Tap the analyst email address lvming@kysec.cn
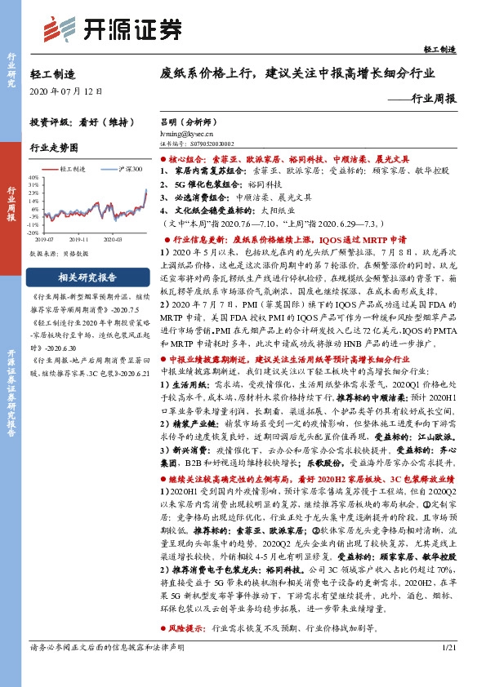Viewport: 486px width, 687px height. [187, 131]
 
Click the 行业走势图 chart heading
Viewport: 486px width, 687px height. [53, 148]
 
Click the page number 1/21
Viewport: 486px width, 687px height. [448, 670]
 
